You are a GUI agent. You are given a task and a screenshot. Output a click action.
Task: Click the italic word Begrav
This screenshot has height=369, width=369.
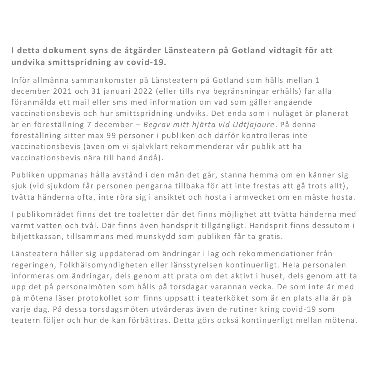pyautogui.click(x=154, y=125)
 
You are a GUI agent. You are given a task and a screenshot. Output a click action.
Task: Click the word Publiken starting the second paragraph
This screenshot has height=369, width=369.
pyautogui.click(x=27, y=175)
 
